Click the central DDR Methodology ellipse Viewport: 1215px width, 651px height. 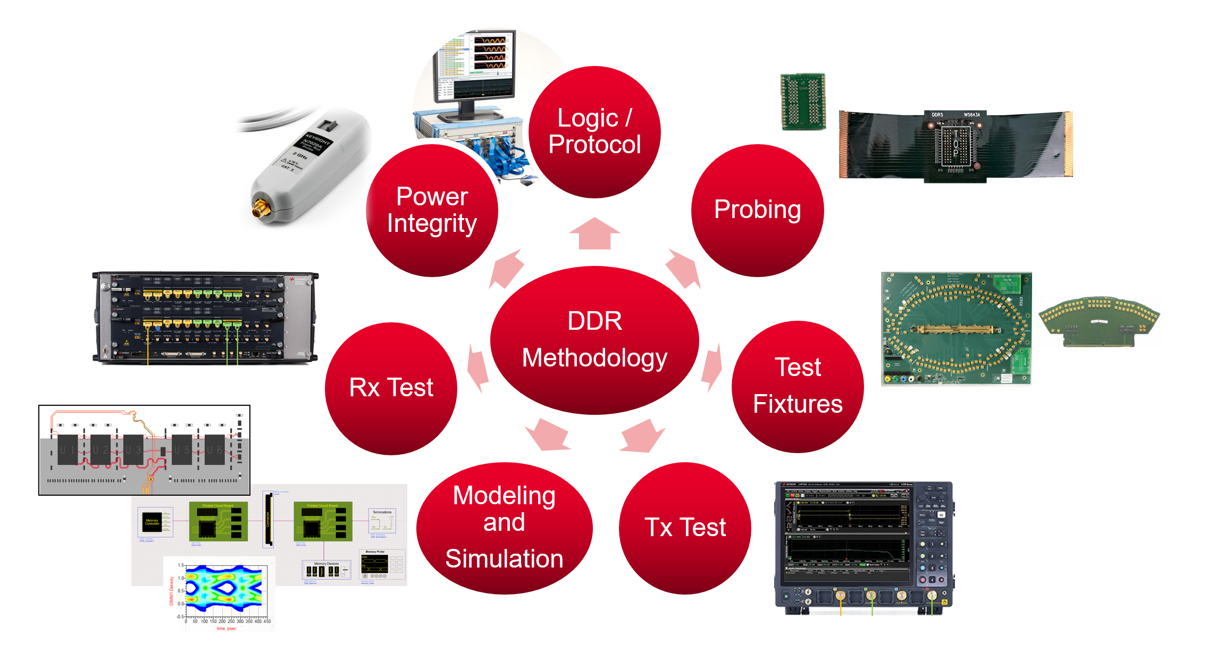[x=594, y=340]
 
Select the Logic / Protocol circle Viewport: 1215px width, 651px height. [x=594, y=132]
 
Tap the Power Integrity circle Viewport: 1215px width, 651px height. [x=432, y=211]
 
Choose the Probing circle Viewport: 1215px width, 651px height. [x=757, y=210]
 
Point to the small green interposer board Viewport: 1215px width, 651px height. [x=803, y=102]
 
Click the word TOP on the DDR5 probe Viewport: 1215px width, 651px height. [x=956, y=144]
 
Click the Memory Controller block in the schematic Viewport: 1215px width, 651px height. [x=153, y=522]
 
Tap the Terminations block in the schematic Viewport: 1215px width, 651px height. [x=382, y=521]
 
